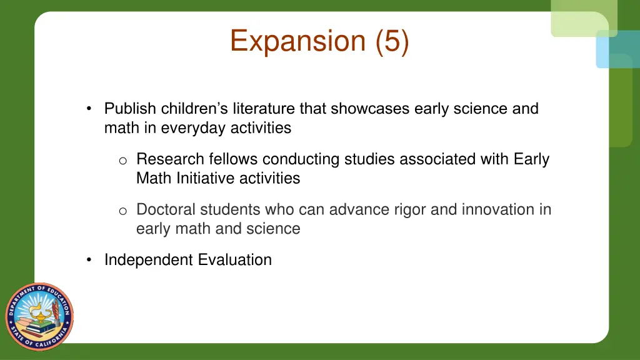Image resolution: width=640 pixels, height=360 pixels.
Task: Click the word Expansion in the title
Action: [x=297, y=41]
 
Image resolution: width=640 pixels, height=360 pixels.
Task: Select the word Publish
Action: [x=131, y=109]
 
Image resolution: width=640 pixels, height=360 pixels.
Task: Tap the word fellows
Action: [x=234, y=159]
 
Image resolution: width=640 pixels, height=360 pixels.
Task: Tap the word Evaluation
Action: [x=235, y=260]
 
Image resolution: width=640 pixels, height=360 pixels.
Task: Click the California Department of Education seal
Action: [x=39, y=316]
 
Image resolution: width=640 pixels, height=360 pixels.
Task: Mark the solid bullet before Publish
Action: [x=91, y=109]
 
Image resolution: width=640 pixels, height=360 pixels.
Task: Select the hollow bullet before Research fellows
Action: [x=123, y=161]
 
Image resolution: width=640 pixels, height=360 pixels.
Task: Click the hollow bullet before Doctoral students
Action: [x=123, y=211]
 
